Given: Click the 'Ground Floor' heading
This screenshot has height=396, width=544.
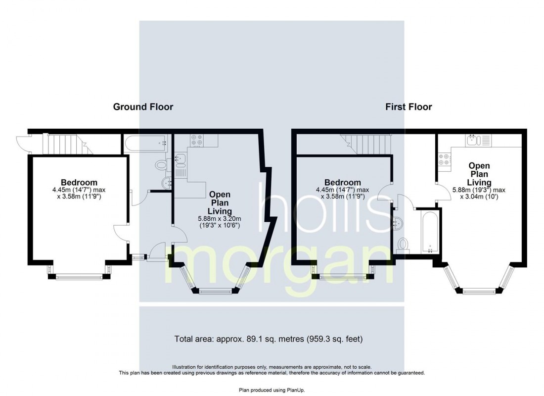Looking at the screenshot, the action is [143, 106].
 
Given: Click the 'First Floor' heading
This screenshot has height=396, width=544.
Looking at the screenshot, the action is [408, 106].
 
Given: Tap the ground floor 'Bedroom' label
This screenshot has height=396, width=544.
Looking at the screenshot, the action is [79, 182].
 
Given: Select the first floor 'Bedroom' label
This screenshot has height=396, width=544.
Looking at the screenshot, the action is [343, 182].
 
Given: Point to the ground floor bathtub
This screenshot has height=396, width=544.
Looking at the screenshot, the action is [146, 143].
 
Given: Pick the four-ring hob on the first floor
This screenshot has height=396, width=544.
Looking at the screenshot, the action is [445, 159].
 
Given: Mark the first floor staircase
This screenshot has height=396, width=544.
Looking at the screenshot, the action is [365, 144].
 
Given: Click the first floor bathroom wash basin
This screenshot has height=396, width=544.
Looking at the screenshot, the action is [398, 223].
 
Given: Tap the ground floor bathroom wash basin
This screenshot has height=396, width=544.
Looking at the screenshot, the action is [167, 183].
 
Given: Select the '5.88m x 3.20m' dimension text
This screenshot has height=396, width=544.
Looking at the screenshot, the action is [219, 218].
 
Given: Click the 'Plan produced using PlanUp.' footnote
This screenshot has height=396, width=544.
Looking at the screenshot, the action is [272, 390].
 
